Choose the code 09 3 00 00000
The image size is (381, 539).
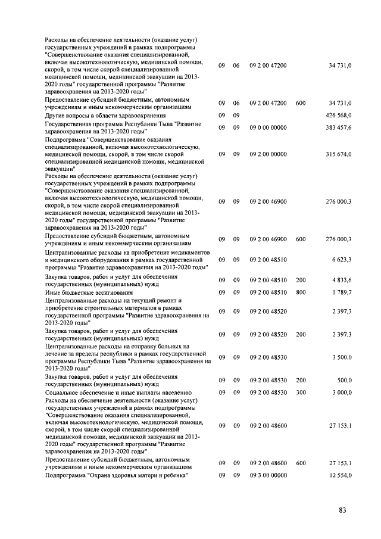point(268,475)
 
